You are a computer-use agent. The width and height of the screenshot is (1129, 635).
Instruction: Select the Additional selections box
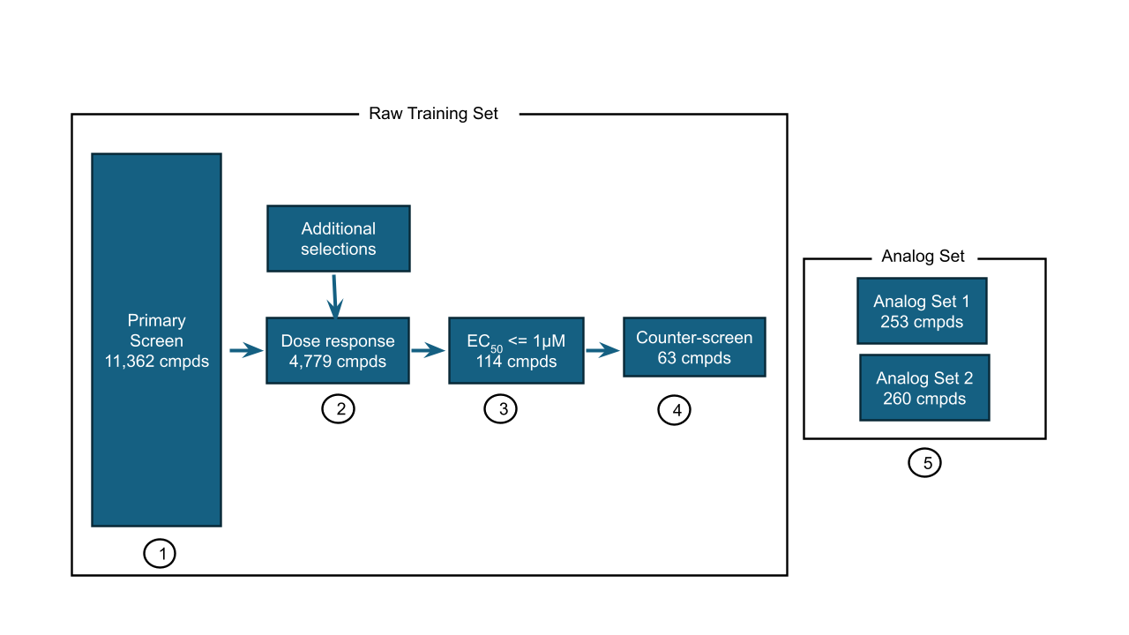click(339, 238)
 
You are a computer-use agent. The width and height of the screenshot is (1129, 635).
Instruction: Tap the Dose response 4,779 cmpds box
click(338, 350)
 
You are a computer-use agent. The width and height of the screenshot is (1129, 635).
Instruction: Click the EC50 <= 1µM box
click(517, 350)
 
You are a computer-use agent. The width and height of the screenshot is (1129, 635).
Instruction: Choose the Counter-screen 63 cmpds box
click(694, 347)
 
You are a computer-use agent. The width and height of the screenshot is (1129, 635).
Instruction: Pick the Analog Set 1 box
click(922, 311)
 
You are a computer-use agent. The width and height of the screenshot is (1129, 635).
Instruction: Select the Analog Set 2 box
click(924, 388)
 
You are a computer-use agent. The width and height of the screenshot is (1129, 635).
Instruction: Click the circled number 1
click(160, 554)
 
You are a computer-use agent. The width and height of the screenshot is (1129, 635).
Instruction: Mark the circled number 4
click(675, 410)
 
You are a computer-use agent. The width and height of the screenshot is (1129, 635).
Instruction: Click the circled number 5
click(925, 462)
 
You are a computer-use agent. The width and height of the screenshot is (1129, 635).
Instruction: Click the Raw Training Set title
click(433, 114)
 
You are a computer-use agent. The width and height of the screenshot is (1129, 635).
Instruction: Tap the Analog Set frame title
click(923, 257)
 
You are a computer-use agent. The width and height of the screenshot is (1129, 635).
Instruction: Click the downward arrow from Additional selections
click(335, 295)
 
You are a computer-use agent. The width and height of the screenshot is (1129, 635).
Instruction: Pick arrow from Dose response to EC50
click(428, 351)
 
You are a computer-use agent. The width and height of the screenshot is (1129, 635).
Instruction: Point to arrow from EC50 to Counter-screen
click(603, 350)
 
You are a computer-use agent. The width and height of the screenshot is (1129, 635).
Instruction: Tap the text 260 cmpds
click(924, 399)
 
